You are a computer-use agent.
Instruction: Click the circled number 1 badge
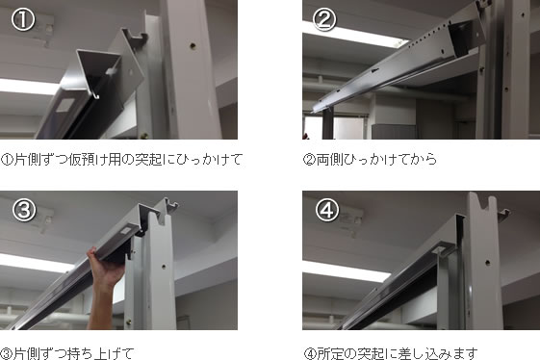pyautogui.click(x=23, y=19)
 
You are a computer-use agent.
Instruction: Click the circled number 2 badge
pyautogui.click(x=324, y=19)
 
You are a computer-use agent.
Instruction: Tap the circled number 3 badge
pyautogui.click(x=24, y=210)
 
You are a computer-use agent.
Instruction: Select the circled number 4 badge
pyautogui.click(x=327, y=210)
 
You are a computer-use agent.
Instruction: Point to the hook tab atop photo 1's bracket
pyautogui.click(x=136, y=36)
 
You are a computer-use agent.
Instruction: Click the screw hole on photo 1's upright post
pyautogui.click(x=193, y=45)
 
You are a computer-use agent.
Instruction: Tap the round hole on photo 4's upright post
pyautogui.click(x=487, y=263)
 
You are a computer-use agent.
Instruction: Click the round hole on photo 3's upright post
pyautogui.click(x=164, y=267)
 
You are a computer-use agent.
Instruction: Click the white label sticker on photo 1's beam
pyautogui.click(x=64, y=105)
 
